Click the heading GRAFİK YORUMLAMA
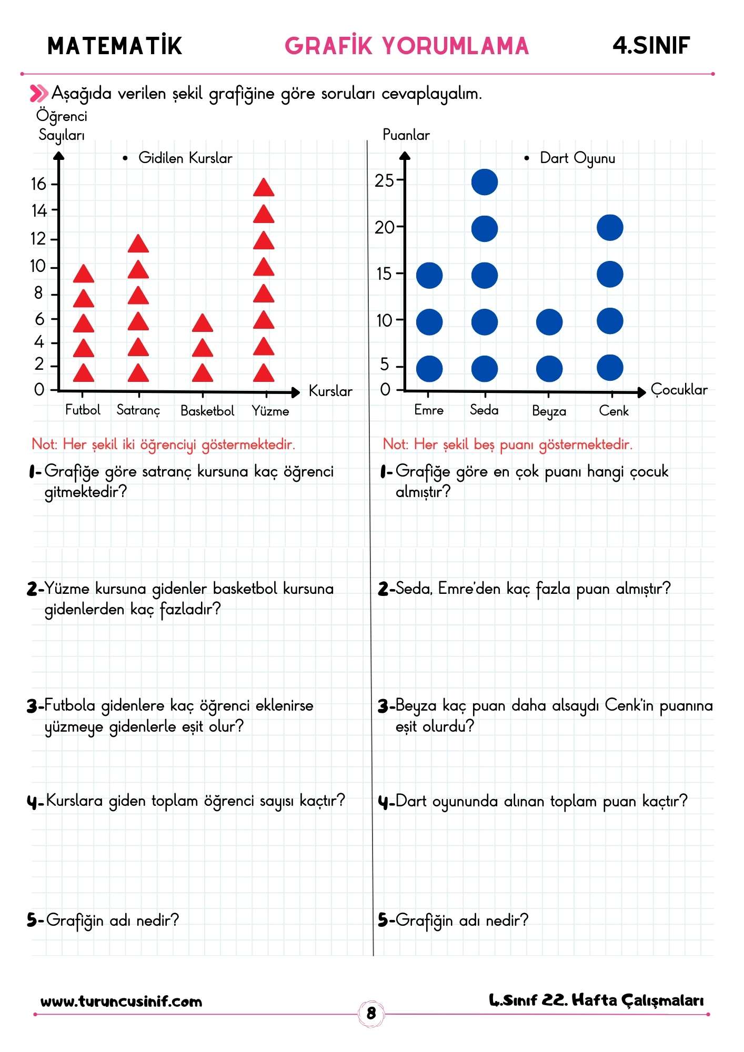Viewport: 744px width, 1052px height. tap(406, 46)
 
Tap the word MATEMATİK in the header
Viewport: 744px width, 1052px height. tap(115, 46)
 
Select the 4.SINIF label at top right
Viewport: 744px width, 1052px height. tap(651, 46)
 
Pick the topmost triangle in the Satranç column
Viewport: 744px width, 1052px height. tap(138, 244)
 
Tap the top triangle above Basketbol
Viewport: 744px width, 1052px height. tap(203, 323)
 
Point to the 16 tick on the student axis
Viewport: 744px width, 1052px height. tap(39, 184)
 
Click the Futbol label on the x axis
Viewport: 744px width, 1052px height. tap(83, 410)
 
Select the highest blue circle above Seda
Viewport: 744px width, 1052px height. tap(484, 182)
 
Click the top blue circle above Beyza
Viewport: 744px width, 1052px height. tap(549, 322)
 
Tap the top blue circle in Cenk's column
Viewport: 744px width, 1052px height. tap(610, 228)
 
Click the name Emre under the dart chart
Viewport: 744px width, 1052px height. tap(429, 410)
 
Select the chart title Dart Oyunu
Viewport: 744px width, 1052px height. tap(577, 158)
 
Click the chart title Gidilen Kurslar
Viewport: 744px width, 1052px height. tap(185, 158)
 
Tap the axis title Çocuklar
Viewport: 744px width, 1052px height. tap(679, 390)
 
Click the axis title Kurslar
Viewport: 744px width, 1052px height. tap(330, 391)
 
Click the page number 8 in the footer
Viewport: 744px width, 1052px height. tap(371, 1013)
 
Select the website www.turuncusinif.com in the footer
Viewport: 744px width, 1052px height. tap(122, 1001)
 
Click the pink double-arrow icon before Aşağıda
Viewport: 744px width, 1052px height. tap(39, 94)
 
